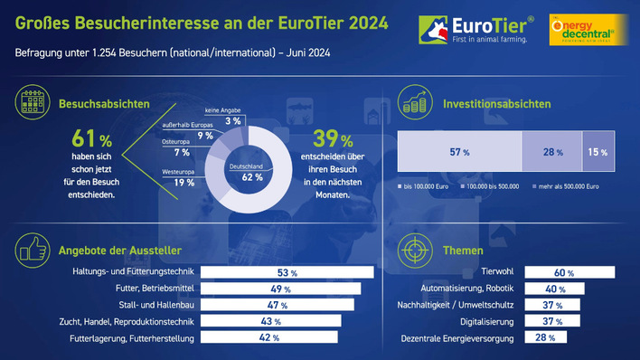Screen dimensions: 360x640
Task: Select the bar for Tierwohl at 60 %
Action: [x=569, y=272]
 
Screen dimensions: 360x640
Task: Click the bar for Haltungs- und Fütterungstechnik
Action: [x=286, y=272]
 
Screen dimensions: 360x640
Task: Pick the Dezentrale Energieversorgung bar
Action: [x=546, y=337]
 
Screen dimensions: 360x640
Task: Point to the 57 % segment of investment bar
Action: [x=459, y=152]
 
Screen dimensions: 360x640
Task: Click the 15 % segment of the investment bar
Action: [x=598, y=152]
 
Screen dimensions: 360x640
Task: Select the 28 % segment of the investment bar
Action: [x=551, y=152]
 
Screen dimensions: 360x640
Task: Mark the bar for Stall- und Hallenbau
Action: [x=277, y=305]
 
